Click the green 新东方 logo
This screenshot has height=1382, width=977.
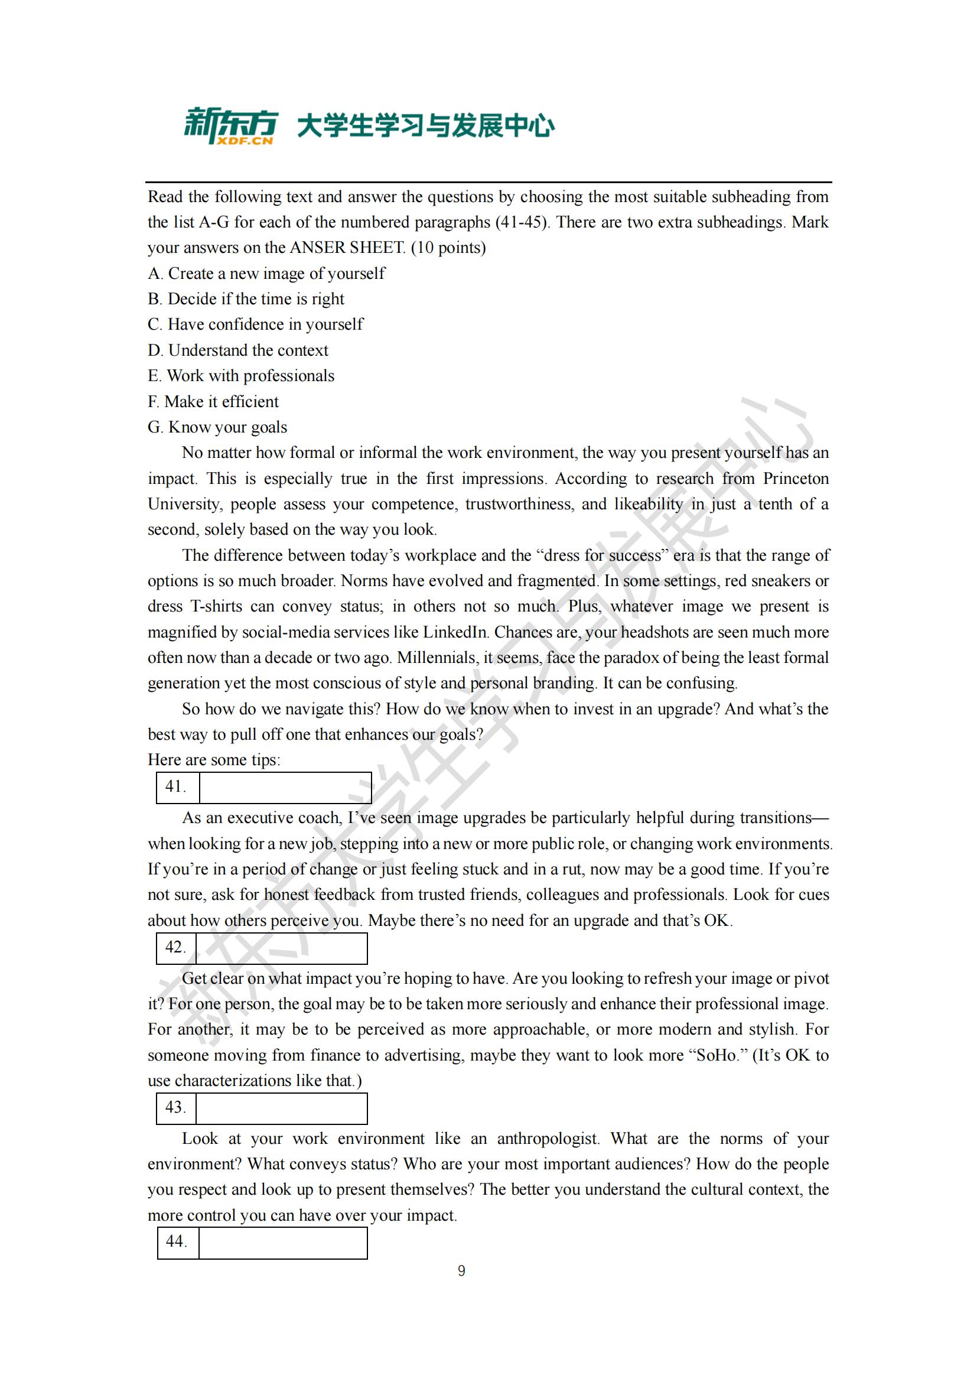pos(230,123)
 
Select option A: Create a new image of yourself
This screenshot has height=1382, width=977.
pos(266,274)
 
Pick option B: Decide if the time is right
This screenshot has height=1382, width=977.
pos(246,298)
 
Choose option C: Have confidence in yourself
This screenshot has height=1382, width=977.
pos(255,324)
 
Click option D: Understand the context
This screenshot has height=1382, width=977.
pos(238,350)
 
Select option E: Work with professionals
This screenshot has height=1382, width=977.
pos(240,376)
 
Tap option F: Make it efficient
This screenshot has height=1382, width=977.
pos(213,401)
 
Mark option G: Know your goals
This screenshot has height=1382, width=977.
pos(217,427)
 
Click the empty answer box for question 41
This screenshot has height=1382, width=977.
pos(285,787)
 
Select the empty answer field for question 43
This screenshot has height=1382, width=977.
pos(282,1108)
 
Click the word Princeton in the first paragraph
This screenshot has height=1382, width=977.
pos(795,479)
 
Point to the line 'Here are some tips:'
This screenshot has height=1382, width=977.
pos(214,760)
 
